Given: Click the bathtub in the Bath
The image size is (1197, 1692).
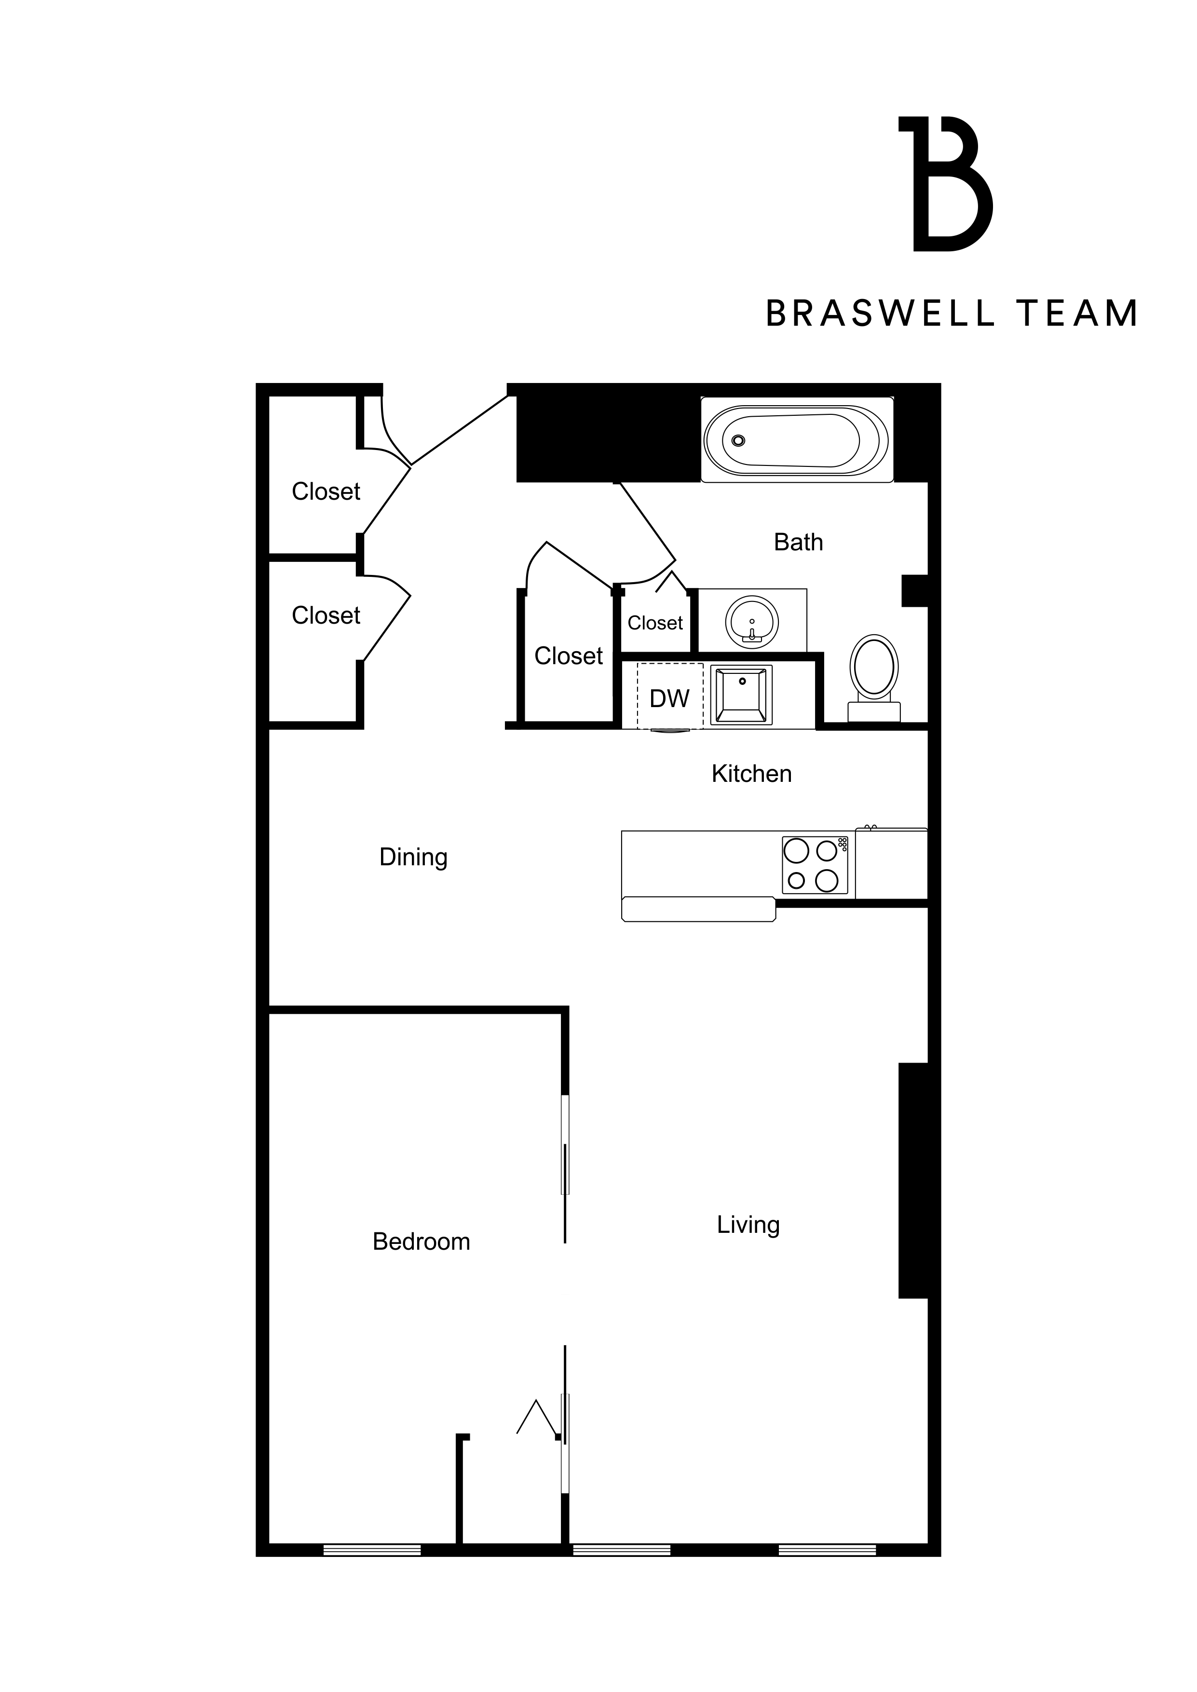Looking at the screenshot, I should [796, 441].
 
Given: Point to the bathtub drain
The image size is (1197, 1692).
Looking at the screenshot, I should [738, 441].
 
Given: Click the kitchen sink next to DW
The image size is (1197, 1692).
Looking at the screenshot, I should [741, 695].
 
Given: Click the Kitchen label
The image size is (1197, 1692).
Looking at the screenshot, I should [751, 774].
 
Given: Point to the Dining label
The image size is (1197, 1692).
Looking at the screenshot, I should [413, 857].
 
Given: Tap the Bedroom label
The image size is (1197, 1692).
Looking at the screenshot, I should [421, 1242].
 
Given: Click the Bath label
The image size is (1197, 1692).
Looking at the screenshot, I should [798, 543].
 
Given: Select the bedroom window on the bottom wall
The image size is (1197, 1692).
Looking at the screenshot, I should [372, 1550].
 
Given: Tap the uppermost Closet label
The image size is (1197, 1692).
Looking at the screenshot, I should [326, 491].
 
